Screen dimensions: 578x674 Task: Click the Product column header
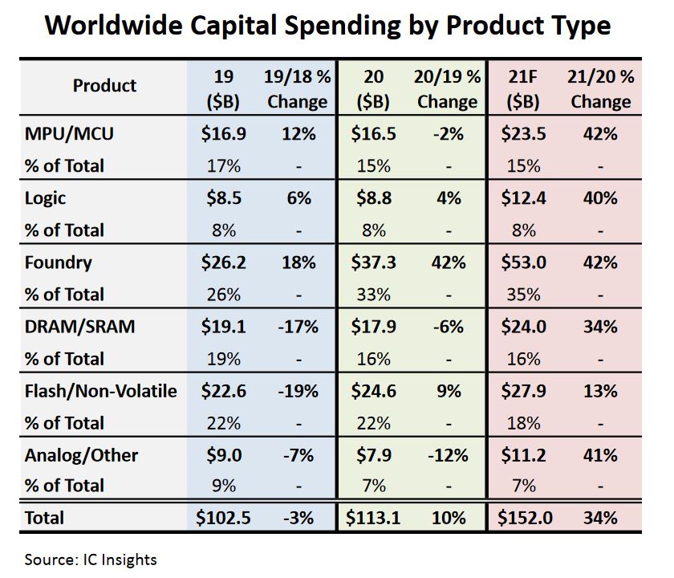tap(104, 85)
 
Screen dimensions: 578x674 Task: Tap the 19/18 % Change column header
tap(297, 89)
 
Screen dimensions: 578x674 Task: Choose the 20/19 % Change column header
tap(448, 89)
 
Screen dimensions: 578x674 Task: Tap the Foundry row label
tap(59, 263)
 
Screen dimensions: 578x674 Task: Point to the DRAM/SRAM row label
tap(81, 327)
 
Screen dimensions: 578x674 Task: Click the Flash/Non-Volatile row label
tap(100, 391)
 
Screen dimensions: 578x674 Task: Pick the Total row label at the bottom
tap(44, 518)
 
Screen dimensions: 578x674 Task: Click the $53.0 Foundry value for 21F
tap(523, 263)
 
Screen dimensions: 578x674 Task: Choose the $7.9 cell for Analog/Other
tap(373, 455)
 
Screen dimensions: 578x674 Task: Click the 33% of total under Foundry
tap(373, 294)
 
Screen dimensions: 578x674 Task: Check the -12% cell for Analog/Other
tap(448, 455)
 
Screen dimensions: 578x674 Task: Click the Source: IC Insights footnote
tap(91, 560)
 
